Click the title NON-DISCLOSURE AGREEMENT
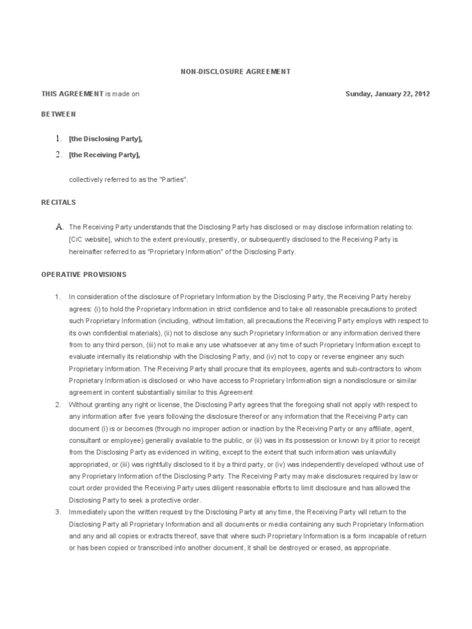click(235, 72)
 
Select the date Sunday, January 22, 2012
click(387, 94)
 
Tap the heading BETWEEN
click(59, 115)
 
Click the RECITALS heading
click(58, 201)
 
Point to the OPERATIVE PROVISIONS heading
click(84, 275)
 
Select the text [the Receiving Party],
click(104, 155)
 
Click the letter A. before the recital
click(60, 227)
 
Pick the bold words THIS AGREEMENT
click(73, 94)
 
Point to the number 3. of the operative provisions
click(58, 512)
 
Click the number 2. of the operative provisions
click(58, 404)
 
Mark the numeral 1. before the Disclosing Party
click(58, 139)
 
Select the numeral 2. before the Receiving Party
click(58, 155)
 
